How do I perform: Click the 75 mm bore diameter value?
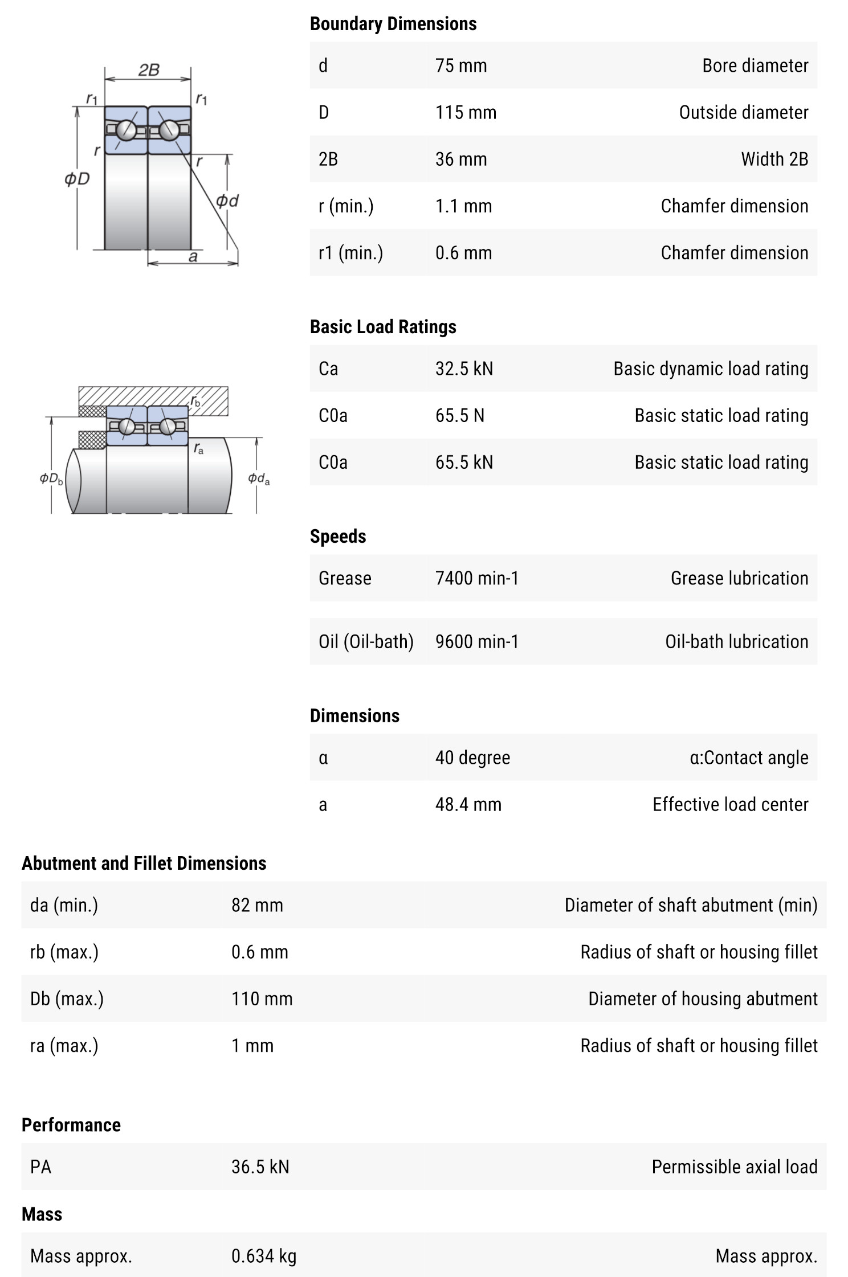click(x=460, y=66)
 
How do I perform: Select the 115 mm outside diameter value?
click(x=466, y=112)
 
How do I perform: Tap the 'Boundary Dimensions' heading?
click(x=393, y=23)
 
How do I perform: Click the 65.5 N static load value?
click(x=459, y=415)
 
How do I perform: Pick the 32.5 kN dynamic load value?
click(x=464, y=369)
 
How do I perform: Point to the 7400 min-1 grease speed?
click(x=476, y=578)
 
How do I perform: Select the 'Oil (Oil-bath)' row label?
click(x=366, y=641)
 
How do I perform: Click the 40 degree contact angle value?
click(x=472, y=758)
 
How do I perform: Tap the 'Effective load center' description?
click(x=730, y=804)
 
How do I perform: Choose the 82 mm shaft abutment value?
click(x=257, y=905)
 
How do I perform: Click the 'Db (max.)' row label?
click(x=67, y=998)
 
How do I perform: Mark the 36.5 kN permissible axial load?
click(x=260, y=1167)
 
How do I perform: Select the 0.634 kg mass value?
click(x=263, y=1256)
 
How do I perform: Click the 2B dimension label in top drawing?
click(x=148, y=70)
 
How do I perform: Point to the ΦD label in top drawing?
click(x=77, y=179)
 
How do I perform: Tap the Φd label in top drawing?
click(x=227, y=200)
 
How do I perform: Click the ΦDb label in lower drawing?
click(x=51, y=478)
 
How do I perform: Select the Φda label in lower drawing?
click(x=259, y=478)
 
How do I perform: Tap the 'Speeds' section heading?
click(x=337, y=536)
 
